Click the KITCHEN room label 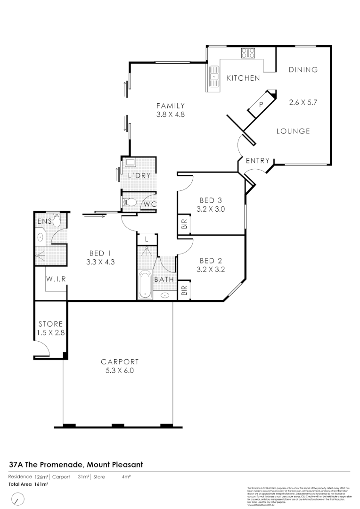pos(243,78)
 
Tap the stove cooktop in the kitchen pos(248,53)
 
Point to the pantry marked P pos(261,104)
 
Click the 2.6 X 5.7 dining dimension pos(303,102)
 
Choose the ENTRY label pos(258,161)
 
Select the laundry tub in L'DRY pos(129,163)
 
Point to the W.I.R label pos(56,279)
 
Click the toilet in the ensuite pos(57,220)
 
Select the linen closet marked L pos(147,239)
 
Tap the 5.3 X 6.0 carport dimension pos(120,370)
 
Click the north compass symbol pos(18,499)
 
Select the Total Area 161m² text pos(28,484)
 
